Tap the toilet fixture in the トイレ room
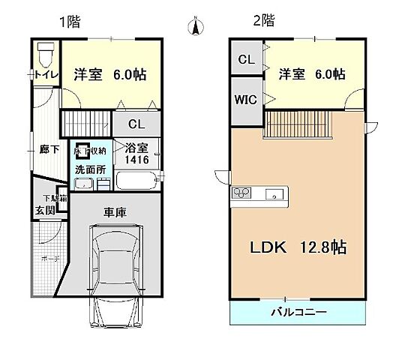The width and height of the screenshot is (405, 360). tap(45, 55)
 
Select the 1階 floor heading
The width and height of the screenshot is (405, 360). tap(70, 21)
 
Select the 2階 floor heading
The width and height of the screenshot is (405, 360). tap(262, 21)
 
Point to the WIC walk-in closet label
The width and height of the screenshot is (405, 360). tap(245, 99)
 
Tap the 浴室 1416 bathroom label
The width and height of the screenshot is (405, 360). tap(136, 154)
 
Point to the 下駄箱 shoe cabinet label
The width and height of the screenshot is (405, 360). tap(53, 198)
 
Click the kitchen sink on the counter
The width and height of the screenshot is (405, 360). tap(276, 196)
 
